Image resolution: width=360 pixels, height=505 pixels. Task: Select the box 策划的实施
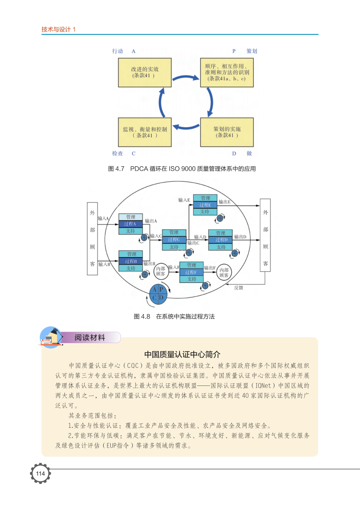227,132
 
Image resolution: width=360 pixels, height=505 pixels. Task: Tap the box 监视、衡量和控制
144,132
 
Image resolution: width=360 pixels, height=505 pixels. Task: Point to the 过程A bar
131,224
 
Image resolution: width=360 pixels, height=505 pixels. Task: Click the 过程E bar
205,205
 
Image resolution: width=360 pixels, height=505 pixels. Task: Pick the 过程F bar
191,272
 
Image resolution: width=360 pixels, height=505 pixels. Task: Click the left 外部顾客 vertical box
92,239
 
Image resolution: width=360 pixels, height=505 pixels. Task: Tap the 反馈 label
238,288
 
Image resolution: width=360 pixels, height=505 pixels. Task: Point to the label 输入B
104,264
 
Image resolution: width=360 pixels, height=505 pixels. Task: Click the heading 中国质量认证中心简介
180,355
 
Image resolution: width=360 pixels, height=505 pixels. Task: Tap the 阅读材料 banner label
90,338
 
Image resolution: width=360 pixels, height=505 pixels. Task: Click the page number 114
40,474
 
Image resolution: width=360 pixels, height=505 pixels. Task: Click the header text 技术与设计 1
59,30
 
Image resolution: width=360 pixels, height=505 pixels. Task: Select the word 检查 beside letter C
117,153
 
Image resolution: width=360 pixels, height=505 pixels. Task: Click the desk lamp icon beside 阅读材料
51,337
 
